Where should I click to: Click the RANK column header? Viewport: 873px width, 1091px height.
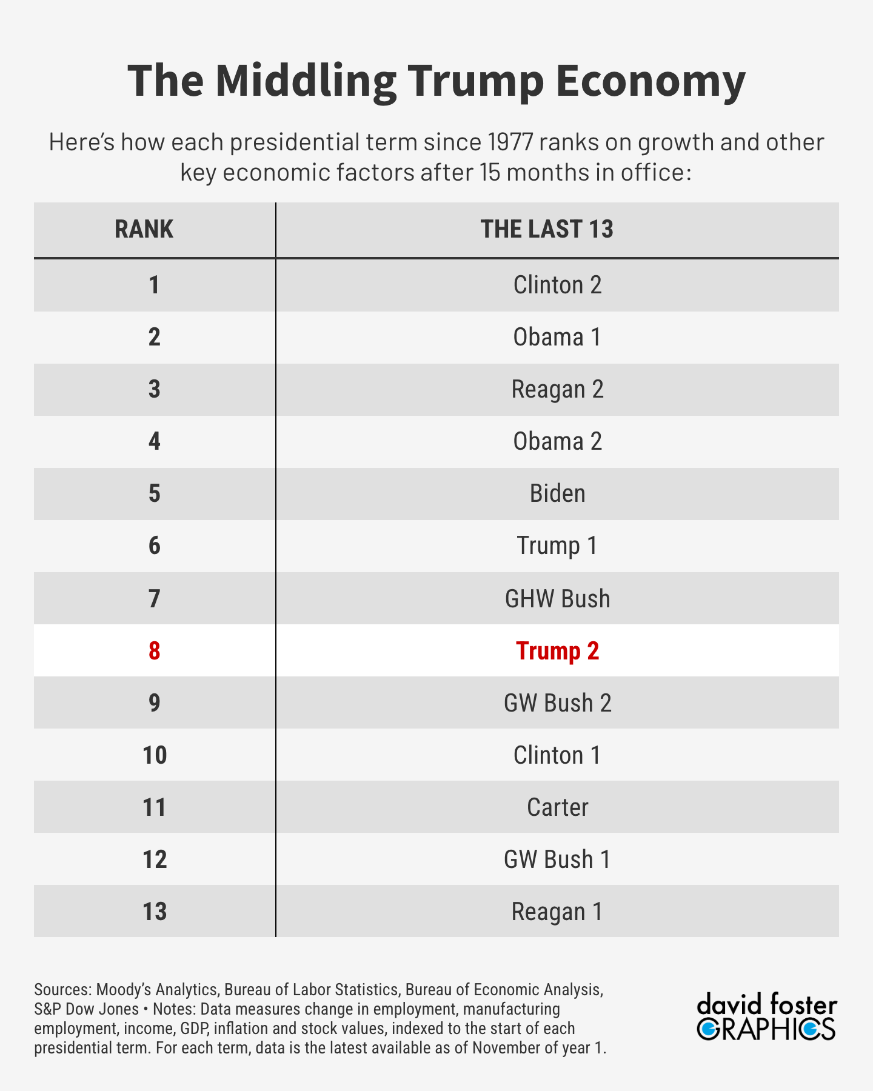tap(144, 230)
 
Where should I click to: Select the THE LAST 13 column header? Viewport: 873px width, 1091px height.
tap(547, 230)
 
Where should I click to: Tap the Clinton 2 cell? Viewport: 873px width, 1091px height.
tap(557, 285)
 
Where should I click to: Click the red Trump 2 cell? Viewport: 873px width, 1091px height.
tap(557, 651)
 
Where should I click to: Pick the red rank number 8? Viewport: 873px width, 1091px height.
tap(155, 651)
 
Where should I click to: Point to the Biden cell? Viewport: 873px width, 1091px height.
tap(557, 493)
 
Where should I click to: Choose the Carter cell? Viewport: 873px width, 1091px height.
tap(557, 807)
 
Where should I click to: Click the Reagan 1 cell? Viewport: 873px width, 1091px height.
tap(557, 912)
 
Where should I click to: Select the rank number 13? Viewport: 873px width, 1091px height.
tap(155, 912)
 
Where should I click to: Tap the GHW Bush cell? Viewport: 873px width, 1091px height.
tap(557, 599)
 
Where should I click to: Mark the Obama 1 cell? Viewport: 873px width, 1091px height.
tap(557, 337)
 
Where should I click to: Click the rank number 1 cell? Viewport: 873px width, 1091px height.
tap(155, 285)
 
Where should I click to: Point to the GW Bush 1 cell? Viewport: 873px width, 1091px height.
tap(557, 859)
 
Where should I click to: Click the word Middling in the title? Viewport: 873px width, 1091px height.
tap(306, 81)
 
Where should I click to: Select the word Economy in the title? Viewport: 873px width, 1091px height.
tap(650, 81)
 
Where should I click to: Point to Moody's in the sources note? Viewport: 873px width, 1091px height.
tap(124, 990)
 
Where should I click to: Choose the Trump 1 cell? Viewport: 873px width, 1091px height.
tap(557, 545)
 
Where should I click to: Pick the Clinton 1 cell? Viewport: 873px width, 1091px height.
tap(557, 755)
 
